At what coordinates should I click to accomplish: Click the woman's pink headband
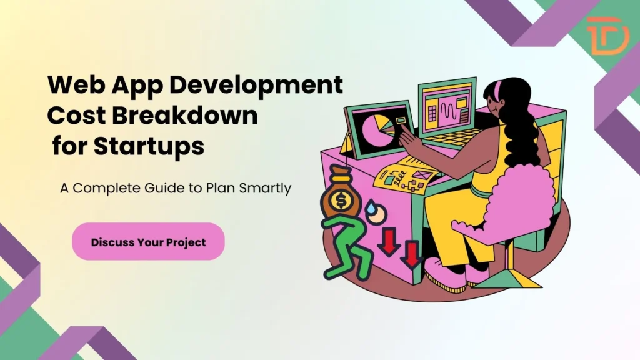[500, 92]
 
